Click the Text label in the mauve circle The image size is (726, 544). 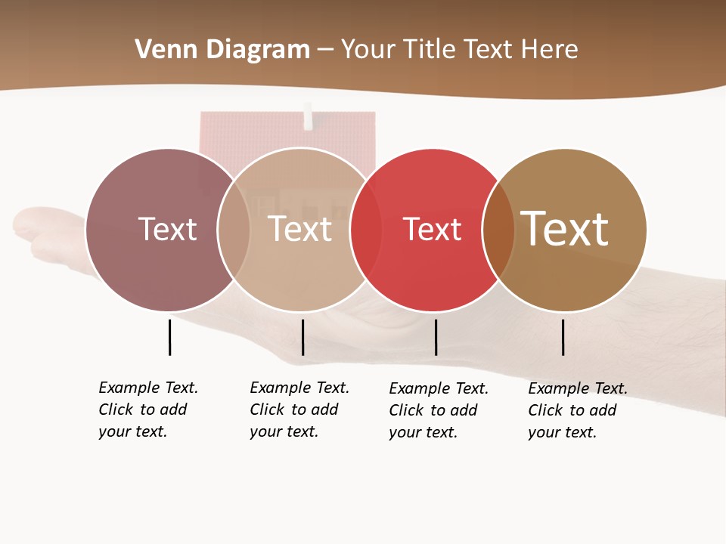click(167, 229)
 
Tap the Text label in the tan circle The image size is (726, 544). click(300, 229)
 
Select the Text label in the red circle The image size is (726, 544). click(432, 229)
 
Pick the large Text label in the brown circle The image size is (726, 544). click(565, 228)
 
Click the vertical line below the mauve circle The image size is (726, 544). click(170, 337)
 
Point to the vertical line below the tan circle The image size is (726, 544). click(302, 337)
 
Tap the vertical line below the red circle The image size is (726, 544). click(436, 337)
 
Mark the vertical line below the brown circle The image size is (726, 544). click(563, 337)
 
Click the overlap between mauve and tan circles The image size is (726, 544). click(234, 230)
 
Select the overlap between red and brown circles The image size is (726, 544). click(498, 230)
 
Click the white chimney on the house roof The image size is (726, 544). click(308, 116)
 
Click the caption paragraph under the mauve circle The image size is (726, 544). click(148, 410)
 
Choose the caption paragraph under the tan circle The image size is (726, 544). click(299, 410)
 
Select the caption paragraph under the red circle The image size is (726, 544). click(439, 410)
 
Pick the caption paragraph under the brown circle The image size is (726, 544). click(578, 410)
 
